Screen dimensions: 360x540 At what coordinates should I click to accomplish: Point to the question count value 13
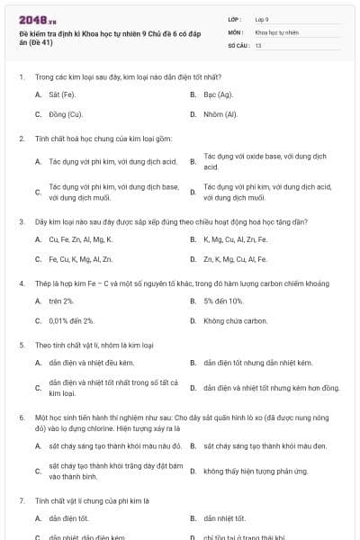[258, 44]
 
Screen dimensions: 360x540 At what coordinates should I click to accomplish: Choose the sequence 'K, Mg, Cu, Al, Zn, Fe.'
[235, 239]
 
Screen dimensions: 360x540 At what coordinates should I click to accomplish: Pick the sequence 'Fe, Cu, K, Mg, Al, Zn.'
[80, 259]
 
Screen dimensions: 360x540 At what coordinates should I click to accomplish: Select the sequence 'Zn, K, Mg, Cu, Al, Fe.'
[235, 259]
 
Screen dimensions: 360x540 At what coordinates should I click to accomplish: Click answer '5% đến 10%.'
[223, 301]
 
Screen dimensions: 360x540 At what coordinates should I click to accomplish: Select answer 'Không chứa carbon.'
[235, 320]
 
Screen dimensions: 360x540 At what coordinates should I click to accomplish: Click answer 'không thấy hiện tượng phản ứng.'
[255, 471]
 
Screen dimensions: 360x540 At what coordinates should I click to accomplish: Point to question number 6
[21, 418]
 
